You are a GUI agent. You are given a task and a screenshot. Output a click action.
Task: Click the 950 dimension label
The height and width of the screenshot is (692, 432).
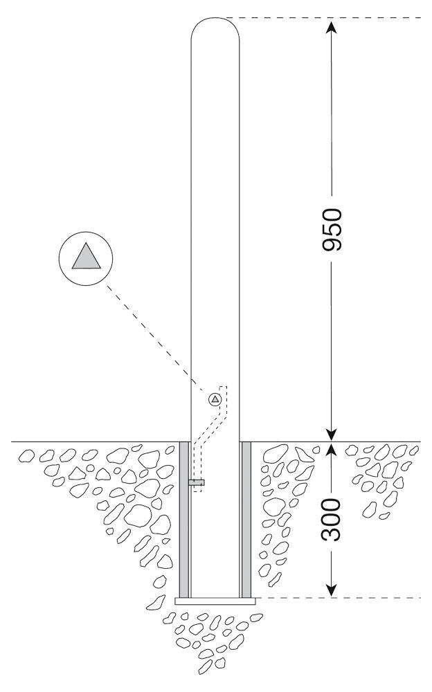332,230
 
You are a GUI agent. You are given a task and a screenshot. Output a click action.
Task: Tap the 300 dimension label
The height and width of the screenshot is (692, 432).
332,520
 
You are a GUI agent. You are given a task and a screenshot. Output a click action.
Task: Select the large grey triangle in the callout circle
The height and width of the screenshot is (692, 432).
86,257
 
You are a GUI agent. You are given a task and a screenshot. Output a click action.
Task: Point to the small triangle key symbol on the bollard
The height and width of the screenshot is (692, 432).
214,399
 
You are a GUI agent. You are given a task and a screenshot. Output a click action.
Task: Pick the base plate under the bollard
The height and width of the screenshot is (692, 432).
215,601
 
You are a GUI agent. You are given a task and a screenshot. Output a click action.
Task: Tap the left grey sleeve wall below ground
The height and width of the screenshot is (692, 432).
183,520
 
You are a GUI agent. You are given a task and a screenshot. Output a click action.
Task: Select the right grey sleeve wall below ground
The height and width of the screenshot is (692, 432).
246,520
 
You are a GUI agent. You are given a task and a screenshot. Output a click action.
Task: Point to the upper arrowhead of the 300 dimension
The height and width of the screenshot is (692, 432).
332,450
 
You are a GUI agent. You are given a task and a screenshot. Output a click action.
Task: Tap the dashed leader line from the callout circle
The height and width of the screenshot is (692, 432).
156,339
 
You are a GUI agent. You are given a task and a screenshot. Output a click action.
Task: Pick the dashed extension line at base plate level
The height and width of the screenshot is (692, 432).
339,598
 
